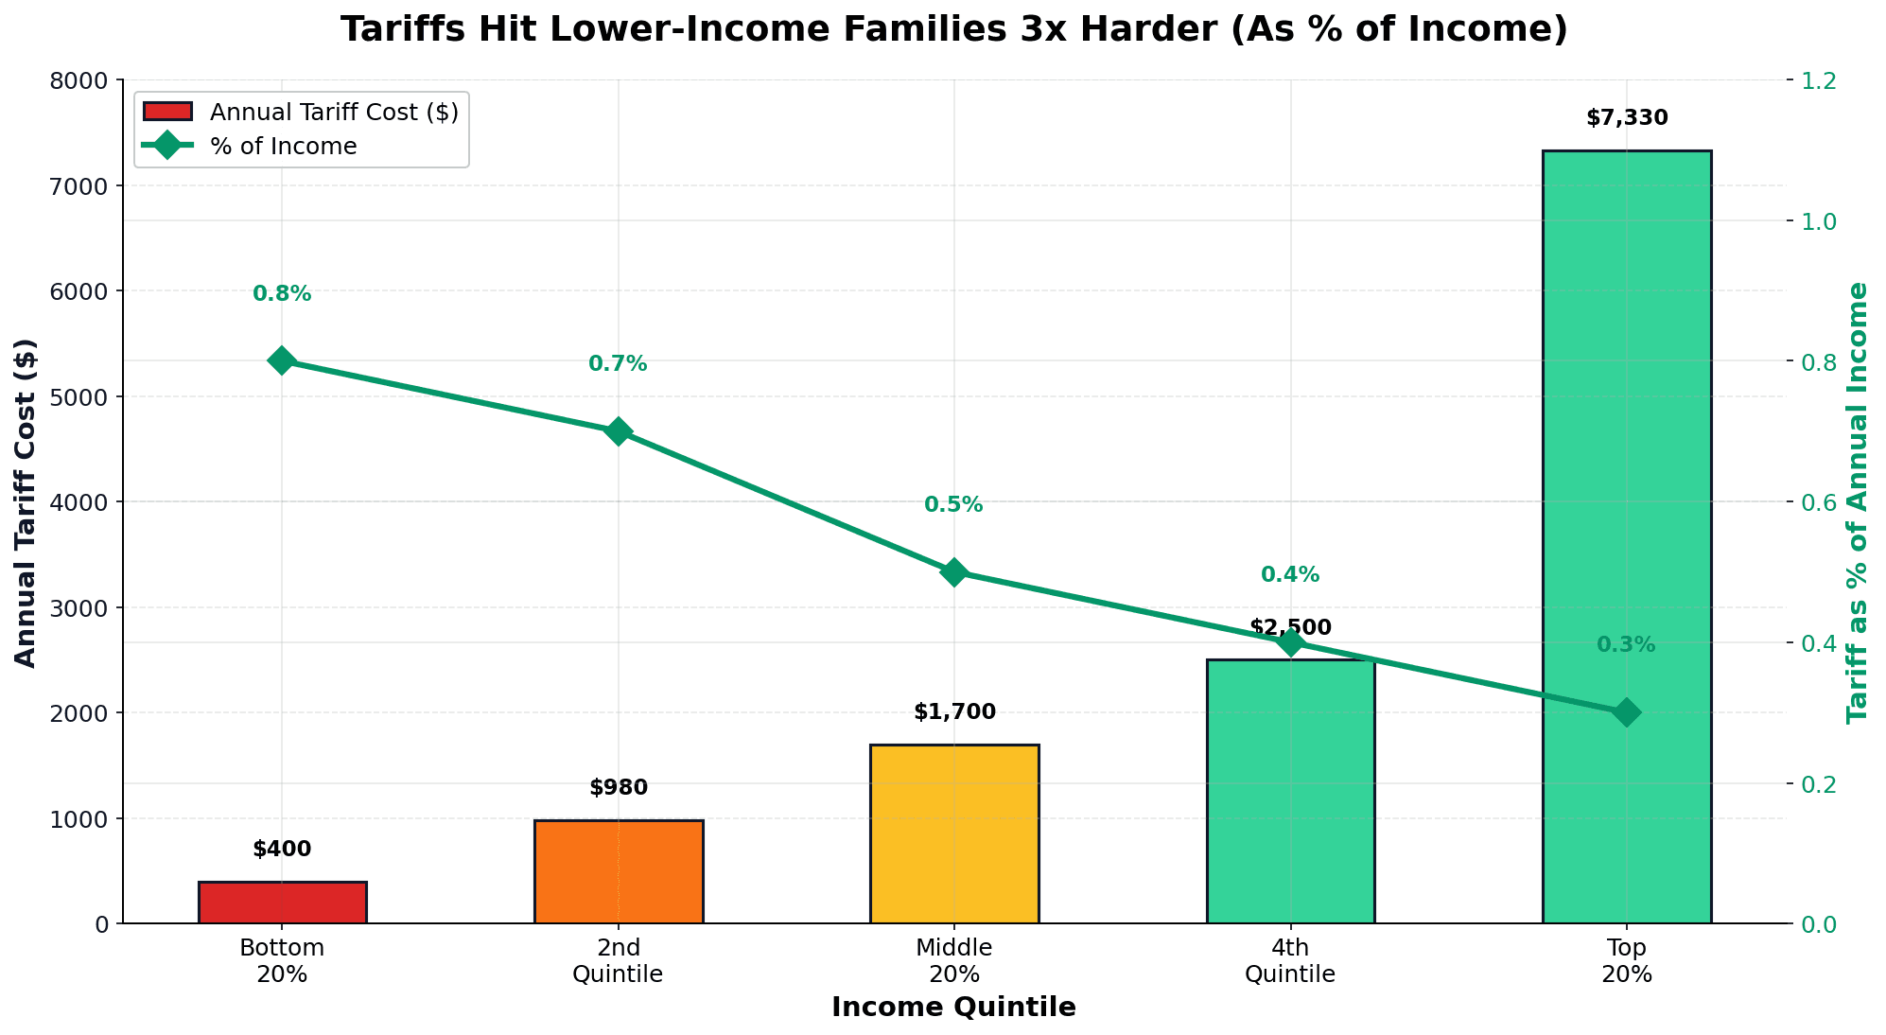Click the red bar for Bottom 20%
pos(282,903)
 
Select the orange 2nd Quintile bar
pos(619,871)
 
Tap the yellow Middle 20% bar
pos(954,833)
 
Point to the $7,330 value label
pos(1627,118)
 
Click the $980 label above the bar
pos(619,787)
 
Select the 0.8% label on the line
pos(282,294)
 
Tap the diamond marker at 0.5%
pos(954,571)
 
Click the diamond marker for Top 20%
pos(1626,712)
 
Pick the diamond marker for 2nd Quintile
pos(619,431)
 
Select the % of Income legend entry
pos(284,147)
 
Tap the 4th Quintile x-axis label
pos(1290,960)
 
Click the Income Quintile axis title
pos(953,1008)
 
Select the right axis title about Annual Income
pos(1858,502)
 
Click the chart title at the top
pos(953,29)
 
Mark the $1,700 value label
pos(954,711)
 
